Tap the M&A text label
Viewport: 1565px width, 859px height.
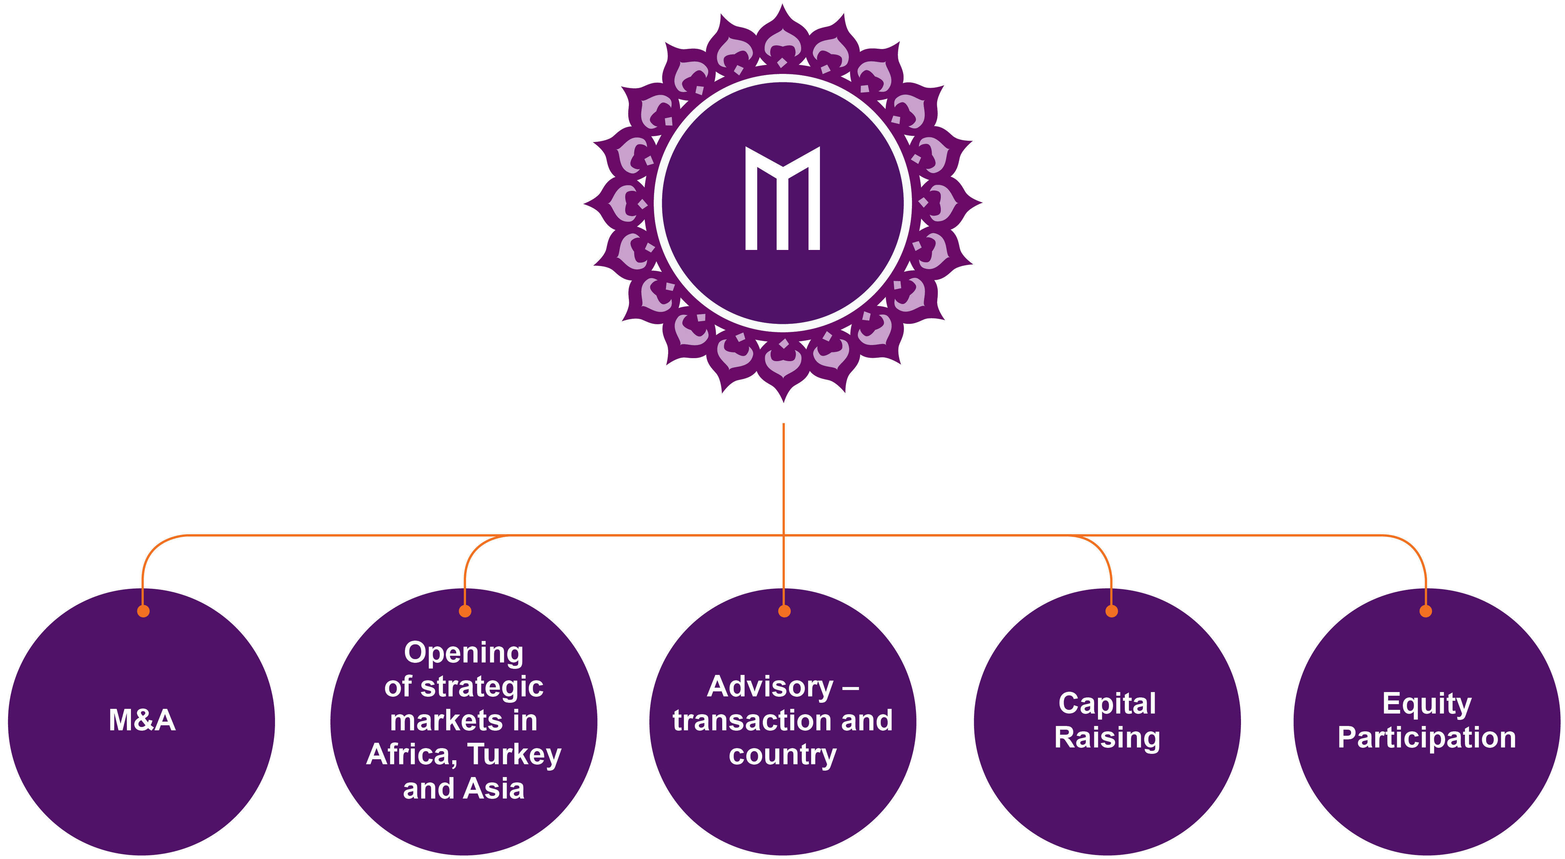pyautogui.click(x=142, y=720)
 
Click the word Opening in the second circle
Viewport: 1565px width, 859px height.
pyautogui.click(x=464, y=653)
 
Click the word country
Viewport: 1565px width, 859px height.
pyautogui.click(x=782, y=756)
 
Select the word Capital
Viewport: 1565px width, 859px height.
pyautogui.click(x=1107, y=704)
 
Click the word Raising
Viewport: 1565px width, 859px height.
pyautogui.click(x=1107, y=738)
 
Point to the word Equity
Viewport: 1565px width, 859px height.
pyautogui.click(x=1426, y=704)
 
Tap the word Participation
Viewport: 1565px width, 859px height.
pyautogui.click(x=1426, y=738)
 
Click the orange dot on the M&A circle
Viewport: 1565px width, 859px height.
pyautogui.click(x=143, y=611)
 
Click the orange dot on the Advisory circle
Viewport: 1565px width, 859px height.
pyautogui.click(x=784, y=611)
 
